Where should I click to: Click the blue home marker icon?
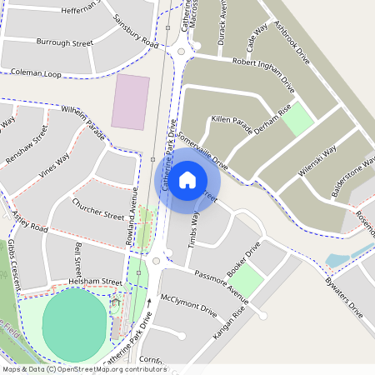pyautogui.click(x=187, y=179)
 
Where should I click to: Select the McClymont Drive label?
pyautogui.click(x=188, y=307)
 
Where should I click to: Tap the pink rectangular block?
pyautogui.click(x=131, y=102)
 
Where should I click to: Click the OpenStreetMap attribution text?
pyautogui.click(x=83, y=369)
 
